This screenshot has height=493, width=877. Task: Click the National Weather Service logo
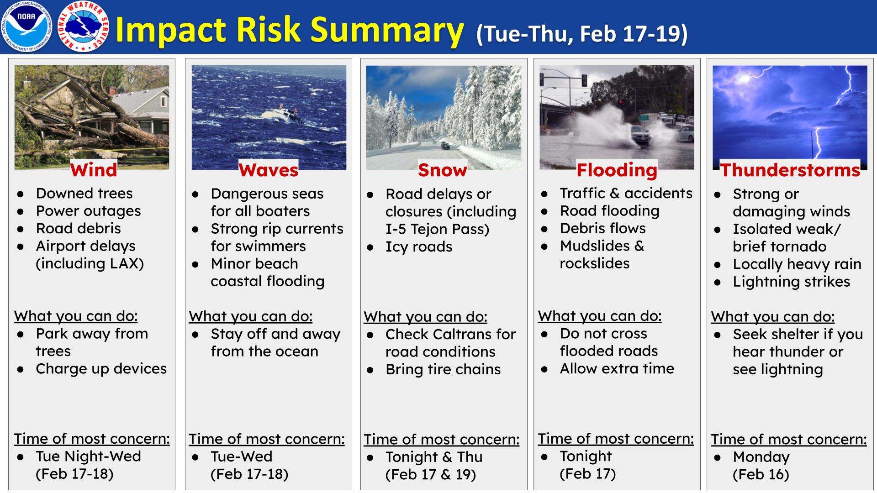84,26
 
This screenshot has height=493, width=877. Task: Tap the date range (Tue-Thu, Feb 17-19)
581,34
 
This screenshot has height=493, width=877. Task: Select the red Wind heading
94,170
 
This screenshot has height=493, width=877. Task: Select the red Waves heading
269,170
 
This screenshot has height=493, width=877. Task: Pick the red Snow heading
442,170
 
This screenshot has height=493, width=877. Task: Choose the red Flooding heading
617,170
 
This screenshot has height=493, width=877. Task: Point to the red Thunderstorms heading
790,170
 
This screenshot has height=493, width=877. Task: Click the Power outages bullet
88,211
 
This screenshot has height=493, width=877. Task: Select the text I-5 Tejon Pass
437,229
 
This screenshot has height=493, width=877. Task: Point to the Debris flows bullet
602,228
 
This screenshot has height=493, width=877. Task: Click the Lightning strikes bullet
791,282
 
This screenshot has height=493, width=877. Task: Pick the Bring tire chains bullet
443,369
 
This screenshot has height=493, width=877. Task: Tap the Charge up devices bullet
101,369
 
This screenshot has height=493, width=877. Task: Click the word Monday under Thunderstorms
761,457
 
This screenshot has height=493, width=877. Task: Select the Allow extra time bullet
617,369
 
